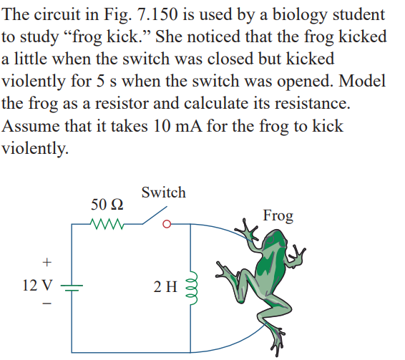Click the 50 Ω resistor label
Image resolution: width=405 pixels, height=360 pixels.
tap(107, 205)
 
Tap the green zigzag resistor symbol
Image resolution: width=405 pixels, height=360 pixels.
tap(107, 224)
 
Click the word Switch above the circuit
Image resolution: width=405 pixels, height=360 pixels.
tap(163, 193)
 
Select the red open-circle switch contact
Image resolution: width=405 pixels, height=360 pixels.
tap(167, 224)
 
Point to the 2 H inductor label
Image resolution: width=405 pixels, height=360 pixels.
tap(165, 286)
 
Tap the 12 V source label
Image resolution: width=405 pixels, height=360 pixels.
tap(37, 286)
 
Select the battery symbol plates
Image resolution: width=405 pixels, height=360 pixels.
tap(72, 288)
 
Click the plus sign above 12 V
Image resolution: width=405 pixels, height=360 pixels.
tap(47, 263)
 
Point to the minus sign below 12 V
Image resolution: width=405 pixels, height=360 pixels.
tap(47, 303)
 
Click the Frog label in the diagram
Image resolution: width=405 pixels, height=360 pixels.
tap(278, 216)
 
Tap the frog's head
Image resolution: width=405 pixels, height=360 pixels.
tap(276, 240)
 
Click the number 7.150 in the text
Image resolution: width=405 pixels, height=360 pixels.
tap(157, 14)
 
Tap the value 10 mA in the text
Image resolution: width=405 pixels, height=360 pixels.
tap(177, 126)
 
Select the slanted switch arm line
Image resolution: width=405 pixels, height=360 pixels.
tap(155, 215)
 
